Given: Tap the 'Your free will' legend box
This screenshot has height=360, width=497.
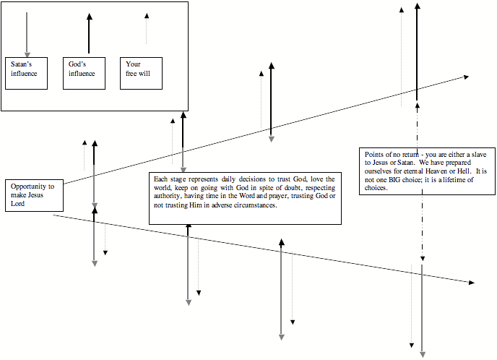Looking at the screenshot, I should click(141, 72).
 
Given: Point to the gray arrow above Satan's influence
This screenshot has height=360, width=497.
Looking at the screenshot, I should click(27, 33).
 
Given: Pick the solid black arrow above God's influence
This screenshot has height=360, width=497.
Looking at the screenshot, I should click(88, 33).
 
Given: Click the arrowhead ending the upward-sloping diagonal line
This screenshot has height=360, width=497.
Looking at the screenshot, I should click(465, 77).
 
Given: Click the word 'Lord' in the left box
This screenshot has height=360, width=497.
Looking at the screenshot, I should click(19, 203).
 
